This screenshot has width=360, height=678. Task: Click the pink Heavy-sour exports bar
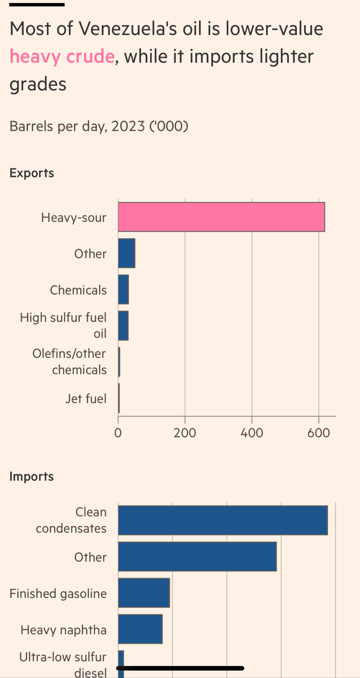pyautogui.click(x=221, y=217)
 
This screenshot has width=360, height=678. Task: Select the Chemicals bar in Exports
pyautogui.click(x=123, y=290)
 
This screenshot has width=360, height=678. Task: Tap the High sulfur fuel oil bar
pyautogui.click(x=123, y=326)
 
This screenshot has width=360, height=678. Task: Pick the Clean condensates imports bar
pyautogui.click(x=223, y=520)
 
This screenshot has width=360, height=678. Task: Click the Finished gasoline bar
pyautogui.click(x=144, y=593)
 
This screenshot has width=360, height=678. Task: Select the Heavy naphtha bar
pyautogui.click(x=140, y=629)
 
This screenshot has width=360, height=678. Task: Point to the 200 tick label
pyautogui.click(x=185, y=433)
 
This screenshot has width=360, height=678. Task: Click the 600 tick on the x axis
pyautogui.click(x=319, y=433)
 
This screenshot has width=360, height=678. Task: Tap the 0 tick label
pyautogui.click(x=118, y=433)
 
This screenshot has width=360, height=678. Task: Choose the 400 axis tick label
pyautogui.click(x=252, y=433)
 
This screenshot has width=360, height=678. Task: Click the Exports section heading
pyautogui.click(x=32, y=173)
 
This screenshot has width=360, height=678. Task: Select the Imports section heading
pyautogui.click(x=32, y=476)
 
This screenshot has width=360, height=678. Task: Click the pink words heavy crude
pyautogui.click(x=62, y=56)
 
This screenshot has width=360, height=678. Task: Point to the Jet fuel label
pyautogui.click(x=86, y=399)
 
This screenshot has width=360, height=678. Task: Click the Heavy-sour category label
pyautogui.click(x=74, y=217)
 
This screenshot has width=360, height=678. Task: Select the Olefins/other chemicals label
pyautogui.click(x=69, y=362)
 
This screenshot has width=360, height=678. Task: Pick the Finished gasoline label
pyautogui.click(x=58, y=594)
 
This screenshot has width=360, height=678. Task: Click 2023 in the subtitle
pyautogui.click(x=128, y=126)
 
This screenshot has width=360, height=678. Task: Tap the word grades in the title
pyautogui.click(x=38, y=84)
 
